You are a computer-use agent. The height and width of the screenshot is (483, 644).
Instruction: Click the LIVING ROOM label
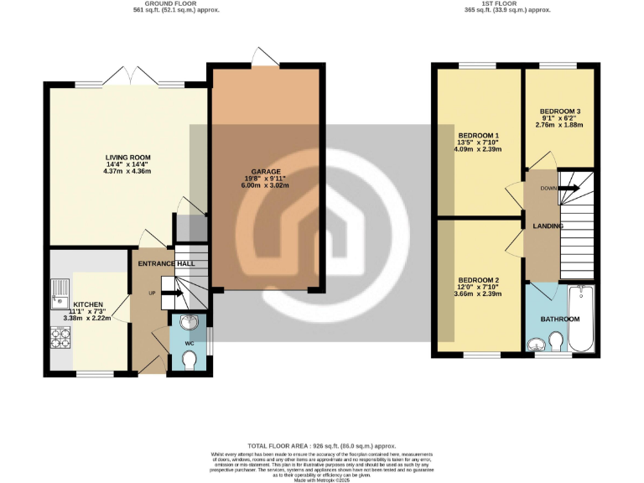(127, 157)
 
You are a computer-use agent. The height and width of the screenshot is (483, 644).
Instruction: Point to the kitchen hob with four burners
(61, 337)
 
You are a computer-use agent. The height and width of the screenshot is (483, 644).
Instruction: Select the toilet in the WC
(190, 359)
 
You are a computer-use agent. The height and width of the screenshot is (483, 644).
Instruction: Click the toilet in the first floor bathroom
(554, 341)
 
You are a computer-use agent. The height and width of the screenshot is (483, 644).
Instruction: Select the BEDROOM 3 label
(560, 112)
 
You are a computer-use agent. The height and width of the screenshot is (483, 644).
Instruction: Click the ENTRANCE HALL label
(166, 263)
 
